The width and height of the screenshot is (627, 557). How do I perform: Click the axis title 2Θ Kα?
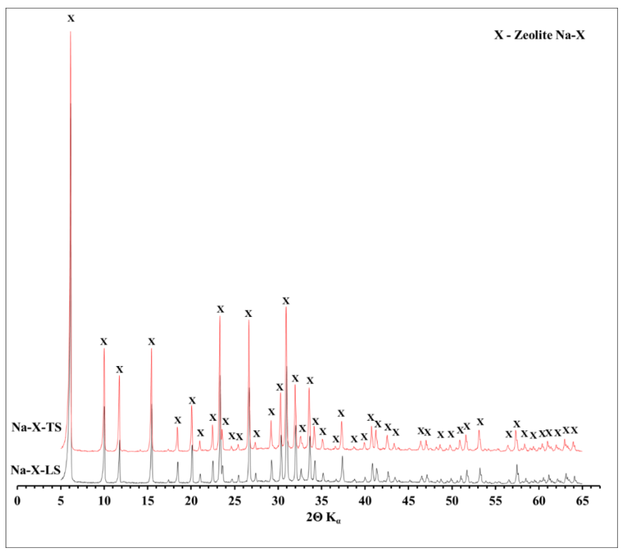(323, 518)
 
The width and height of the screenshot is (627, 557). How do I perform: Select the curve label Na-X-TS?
(36, 427)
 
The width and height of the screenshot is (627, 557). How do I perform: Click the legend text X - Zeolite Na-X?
(539, 35)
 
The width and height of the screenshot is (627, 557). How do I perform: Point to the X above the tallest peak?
(71, 19)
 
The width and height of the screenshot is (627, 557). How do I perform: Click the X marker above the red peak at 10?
(104, 342)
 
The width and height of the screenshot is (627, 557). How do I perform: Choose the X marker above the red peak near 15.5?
(151, 342)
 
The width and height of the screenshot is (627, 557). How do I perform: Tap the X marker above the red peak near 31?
(286, 301)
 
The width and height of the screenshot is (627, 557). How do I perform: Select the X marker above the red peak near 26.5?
(248, 314)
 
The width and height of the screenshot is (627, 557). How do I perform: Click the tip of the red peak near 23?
(220, 316)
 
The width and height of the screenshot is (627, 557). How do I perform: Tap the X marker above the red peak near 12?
(119, 369)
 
